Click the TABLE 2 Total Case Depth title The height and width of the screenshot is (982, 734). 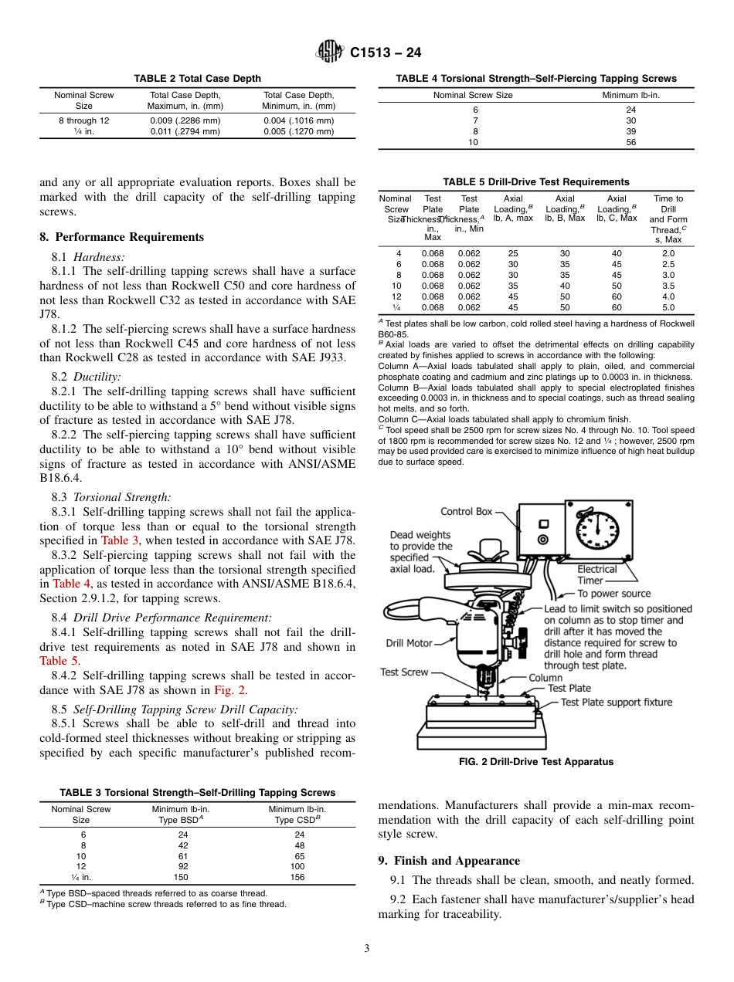click(x=197, y=78)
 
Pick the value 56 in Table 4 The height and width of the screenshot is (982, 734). click(x=630, y=142)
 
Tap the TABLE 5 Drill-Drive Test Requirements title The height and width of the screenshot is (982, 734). click(x=536, y=182)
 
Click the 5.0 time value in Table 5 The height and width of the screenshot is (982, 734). click(x=668, y=307)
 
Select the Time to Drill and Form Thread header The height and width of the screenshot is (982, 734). click(x=668, y=219)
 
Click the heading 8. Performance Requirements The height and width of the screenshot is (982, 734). click(x=122, y=237)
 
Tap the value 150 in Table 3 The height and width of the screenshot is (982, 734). click(x=180, y=877)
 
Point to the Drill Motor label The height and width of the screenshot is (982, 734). click(x=409, y=643)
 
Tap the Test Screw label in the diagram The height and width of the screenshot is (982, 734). click(x=403, y=672)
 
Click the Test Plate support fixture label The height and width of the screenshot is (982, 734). click(x=616, y=702)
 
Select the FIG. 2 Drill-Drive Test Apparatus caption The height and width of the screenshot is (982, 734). click(x=535, y=761)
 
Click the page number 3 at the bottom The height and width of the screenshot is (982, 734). click(x=367, y=949)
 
